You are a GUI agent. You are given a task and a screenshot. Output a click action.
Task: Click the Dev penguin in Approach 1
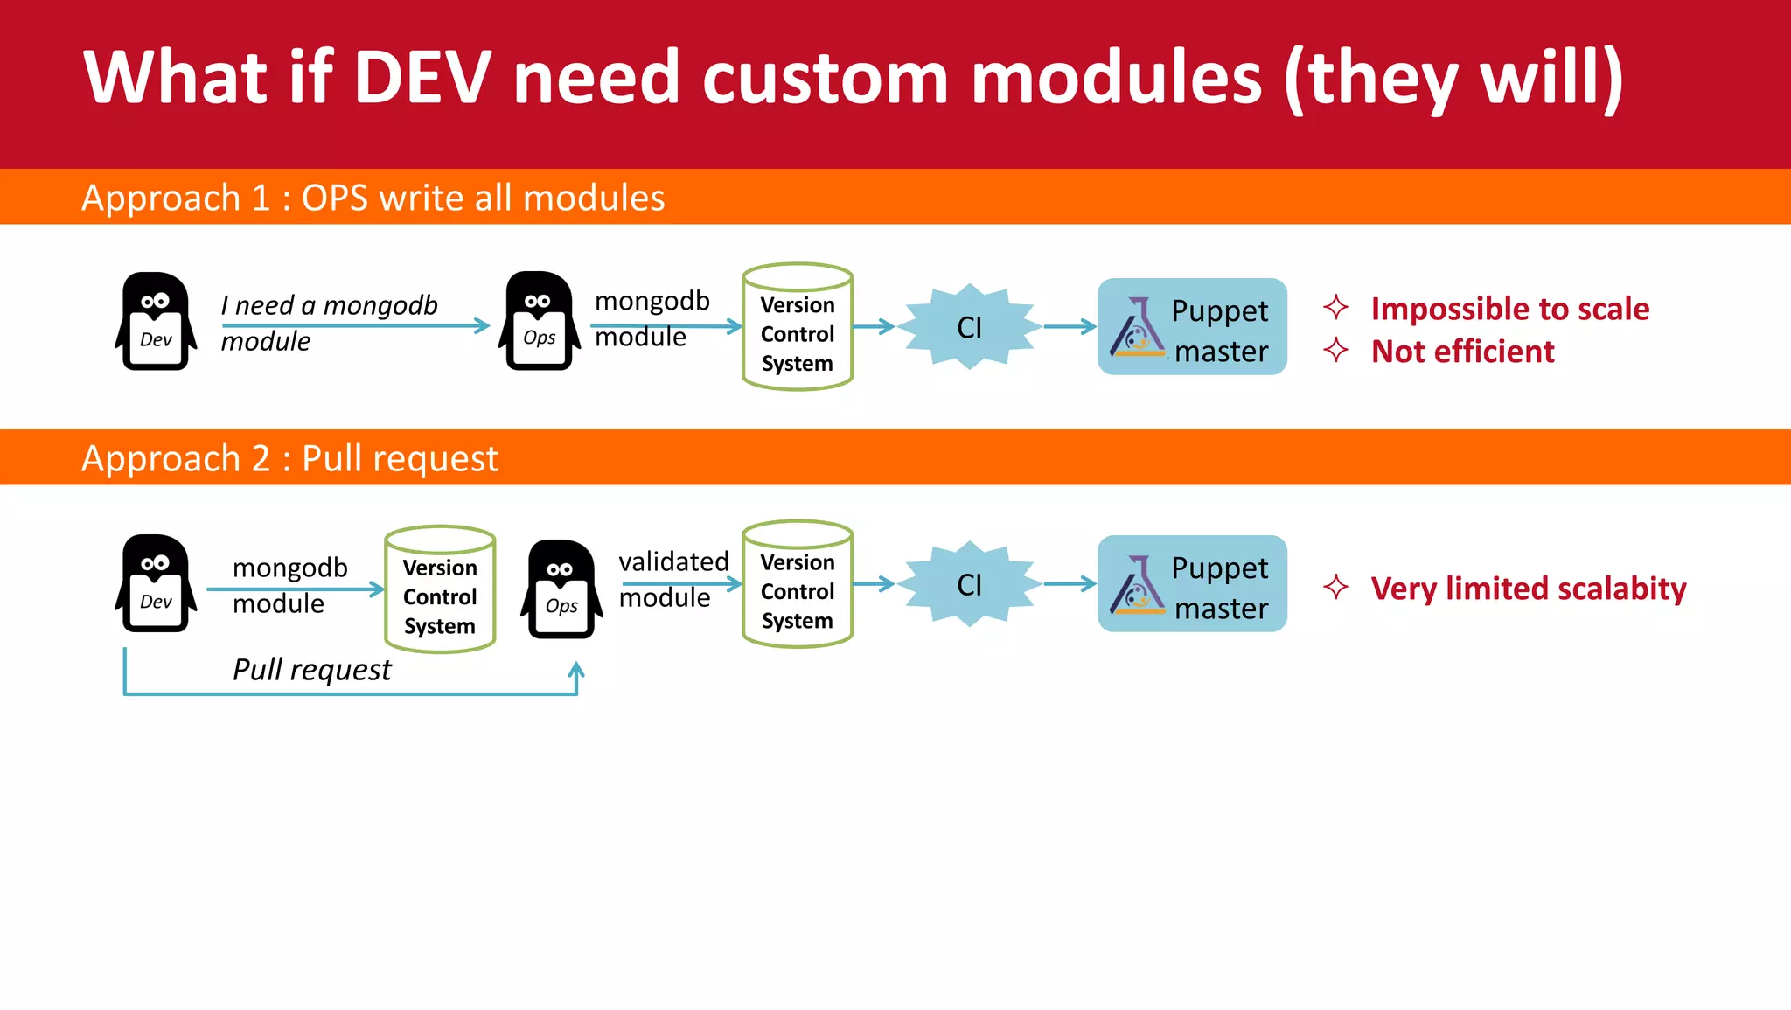(x=156, y=322)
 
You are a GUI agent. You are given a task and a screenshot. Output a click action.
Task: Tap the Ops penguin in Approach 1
(x=539, y=322)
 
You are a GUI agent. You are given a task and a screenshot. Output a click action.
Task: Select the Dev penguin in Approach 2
(x=156, y=583)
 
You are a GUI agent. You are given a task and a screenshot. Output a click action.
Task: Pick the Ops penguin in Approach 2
(x=561, y=589)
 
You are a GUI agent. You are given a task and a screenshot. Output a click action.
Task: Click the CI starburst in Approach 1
(x=969, y=327)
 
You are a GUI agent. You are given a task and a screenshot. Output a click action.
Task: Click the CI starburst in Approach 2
(x=969, y=584)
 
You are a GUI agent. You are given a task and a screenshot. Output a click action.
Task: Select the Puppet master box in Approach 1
(x=1191, y=327)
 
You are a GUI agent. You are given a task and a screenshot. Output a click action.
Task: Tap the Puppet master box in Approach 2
(x=1191, y=584)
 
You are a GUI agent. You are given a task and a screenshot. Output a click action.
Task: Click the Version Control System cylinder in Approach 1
(x=797, y=327)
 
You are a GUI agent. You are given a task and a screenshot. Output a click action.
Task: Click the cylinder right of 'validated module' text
(x=797, y=584)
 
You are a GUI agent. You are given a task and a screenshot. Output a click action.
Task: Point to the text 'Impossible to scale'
(x=1509, y=309)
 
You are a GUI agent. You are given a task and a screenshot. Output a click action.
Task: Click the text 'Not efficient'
(x=1462, y=352)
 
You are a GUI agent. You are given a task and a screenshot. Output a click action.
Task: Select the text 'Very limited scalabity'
(x=1528, y=589)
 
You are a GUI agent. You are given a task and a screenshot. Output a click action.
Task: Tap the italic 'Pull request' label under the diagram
(x=312, y=670)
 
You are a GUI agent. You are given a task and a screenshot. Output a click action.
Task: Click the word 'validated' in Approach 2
(x=673, y=561)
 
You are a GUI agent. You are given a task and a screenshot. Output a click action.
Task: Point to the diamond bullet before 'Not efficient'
(x=1335, y=351)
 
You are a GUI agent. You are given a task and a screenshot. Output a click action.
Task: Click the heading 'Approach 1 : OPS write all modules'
(x=373, y=198)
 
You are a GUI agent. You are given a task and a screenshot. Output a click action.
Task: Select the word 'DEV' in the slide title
(x=422, y=78)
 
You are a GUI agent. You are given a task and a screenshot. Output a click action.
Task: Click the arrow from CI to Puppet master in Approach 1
(x=1069, y=327)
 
